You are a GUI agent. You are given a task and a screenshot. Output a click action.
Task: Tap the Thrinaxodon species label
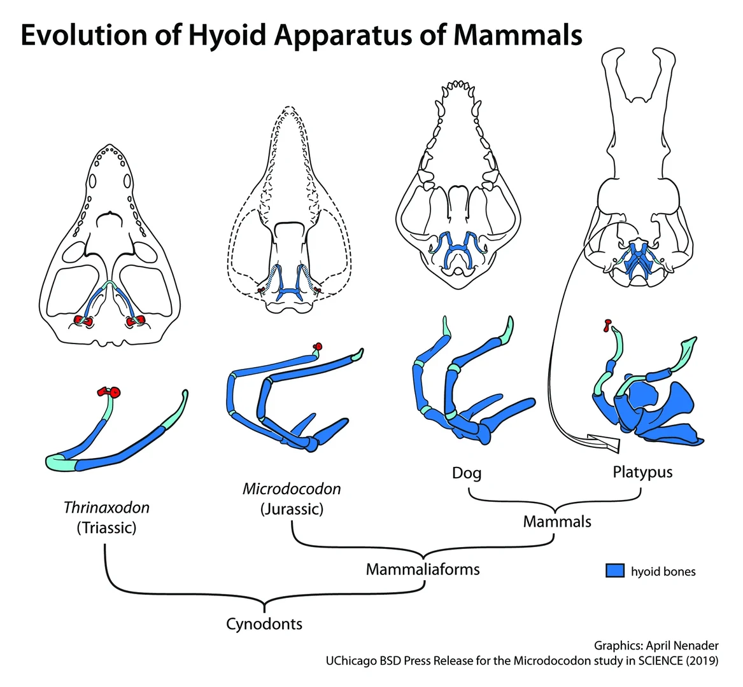(x=106, y=508)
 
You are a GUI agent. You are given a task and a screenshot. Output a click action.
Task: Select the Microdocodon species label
(x=292, y=489)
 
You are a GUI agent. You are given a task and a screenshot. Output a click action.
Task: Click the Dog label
(x=467, y=473)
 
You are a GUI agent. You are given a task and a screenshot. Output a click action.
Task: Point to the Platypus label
(x=642, y=472)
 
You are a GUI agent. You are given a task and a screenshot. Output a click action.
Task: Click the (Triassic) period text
(x=106, y=528)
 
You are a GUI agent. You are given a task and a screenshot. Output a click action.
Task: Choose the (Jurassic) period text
(x=292, y=509)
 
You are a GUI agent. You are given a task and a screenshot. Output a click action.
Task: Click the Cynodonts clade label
(x=264, y=624)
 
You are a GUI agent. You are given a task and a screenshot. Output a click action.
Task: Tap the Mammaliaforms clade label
(x=423, y=569)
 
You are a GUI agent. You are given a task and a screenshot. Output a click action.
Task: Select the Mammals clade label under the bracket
(x=557, y=522)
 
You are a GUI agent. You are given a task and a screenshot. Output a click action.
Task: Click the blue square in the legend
(x=614, y=570)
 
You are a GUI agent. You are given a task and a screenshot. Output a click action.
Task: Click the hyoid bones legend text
(x=663, y=571)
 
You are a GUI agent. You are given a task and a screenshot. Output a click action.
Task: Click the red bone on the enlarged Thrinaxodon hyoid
(x=109, y=392)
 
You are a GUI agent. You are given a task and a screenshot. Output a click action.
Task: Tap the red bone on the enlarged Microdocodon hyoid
(x=318, y=347)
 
